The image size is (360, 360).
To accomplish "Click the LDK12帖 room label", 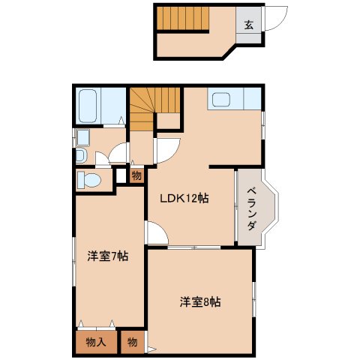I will click(x=183, y=199).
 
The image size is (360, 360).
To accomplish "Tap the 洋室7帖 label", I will click(x=107, y=256).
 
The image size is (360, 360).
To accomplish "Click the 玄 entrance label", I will click(x=248, y=24).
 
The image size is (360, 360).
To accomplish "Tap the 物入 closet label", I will click(x=95, y=342).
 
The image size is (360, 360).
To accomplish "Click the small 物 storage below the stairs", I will click(x=136, y=176).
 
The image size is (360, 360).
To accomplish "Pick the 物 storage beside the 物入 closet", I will click(x=132, y=342).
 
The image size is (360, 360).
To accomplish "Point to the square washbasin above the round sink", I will click(x=82, y=137).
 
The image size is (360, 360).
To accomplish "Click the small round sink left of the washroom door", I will click(x=80, y=156).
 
